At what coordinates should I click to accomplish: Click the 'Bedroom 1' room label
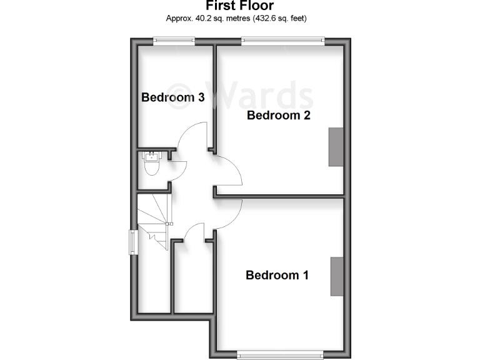click(x=277, y=275)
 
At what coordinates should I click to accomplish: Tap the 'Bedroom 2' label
click(x=279, y=116)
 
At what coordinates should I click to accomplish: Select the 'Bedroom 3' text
click(x=173, y=97)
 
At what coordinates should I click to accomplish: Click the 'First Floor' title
click(x=236, y=6)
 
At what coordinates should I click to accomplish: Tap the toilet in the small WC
click(x=151, y=166)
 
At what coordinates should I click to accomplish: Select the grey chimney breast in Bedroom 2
click(x=336, y=147)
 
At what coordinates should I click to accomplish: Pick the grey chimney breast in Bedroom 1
click(x=337, y=276)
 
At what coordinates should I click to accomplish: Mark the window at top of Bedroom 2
click(x=283, y=41)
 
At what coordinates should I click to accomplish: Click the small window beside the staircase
click(x=133, y=242)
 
